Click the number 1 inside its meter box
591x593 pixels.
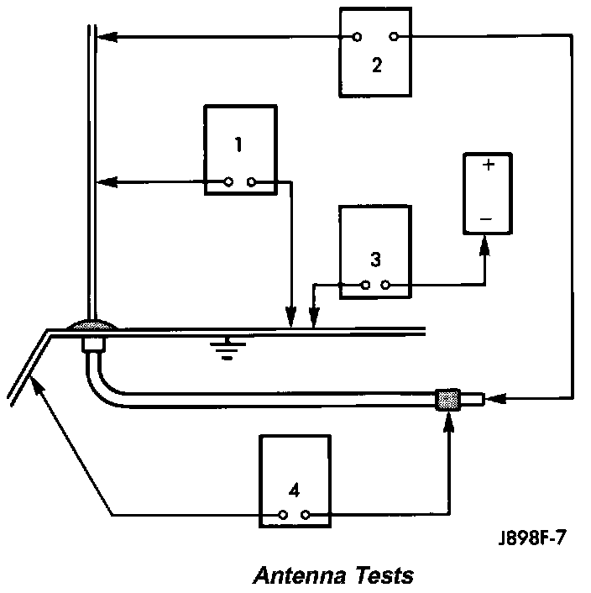coord(238,144)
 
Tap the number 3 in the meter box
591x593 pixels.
coord(375,255)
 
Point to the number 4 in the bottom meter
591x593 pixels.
coord(294,490)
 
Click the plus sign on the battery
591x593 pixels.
coord(486,166)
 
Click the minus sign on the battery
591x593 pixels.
coord(486,220)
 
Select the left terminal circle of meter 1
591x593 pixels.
coord(229,182)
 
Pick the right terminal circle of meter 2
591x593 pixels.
coord(394,38)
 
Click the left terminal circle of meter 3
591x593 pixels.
coord(365,286)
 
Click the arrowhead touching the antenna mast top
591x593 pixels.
coord(107,38)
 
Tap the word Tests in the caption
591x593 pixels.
coord(383,575)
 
